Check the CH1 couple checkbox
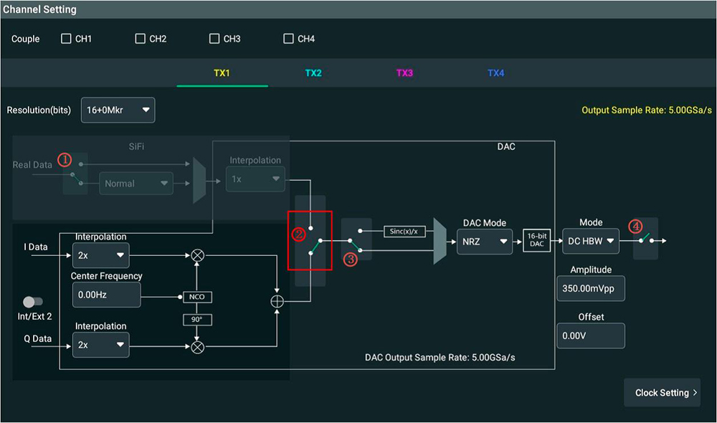point(66,39)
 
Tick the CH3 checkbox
point(214,39)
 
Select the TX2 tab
point(313,73)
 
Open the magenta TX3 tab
point(404,73)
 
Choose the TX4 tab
point(495,73)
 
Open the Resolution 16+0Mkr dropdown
point(118,110)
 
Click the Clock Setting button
point(662,392)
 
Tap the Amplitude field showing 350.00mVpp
point(590,288)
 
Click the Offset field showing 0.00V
point(590,336)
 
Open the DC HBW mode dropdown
point(590,241)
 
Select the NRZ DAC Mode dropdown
point(484,242)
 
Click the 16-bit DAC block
point(537,240)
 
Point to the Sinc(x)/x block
point(404,232)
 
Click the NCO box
point(197,297)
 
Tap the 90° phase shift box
point(197,319)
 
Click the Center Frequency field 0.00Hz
point(107,295)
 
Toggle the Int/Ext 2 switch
point(33,302)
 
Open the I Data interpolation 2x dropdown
point(100,255)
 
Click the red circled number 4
point(635,226)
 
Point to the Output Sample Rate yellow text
point(647,110)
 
